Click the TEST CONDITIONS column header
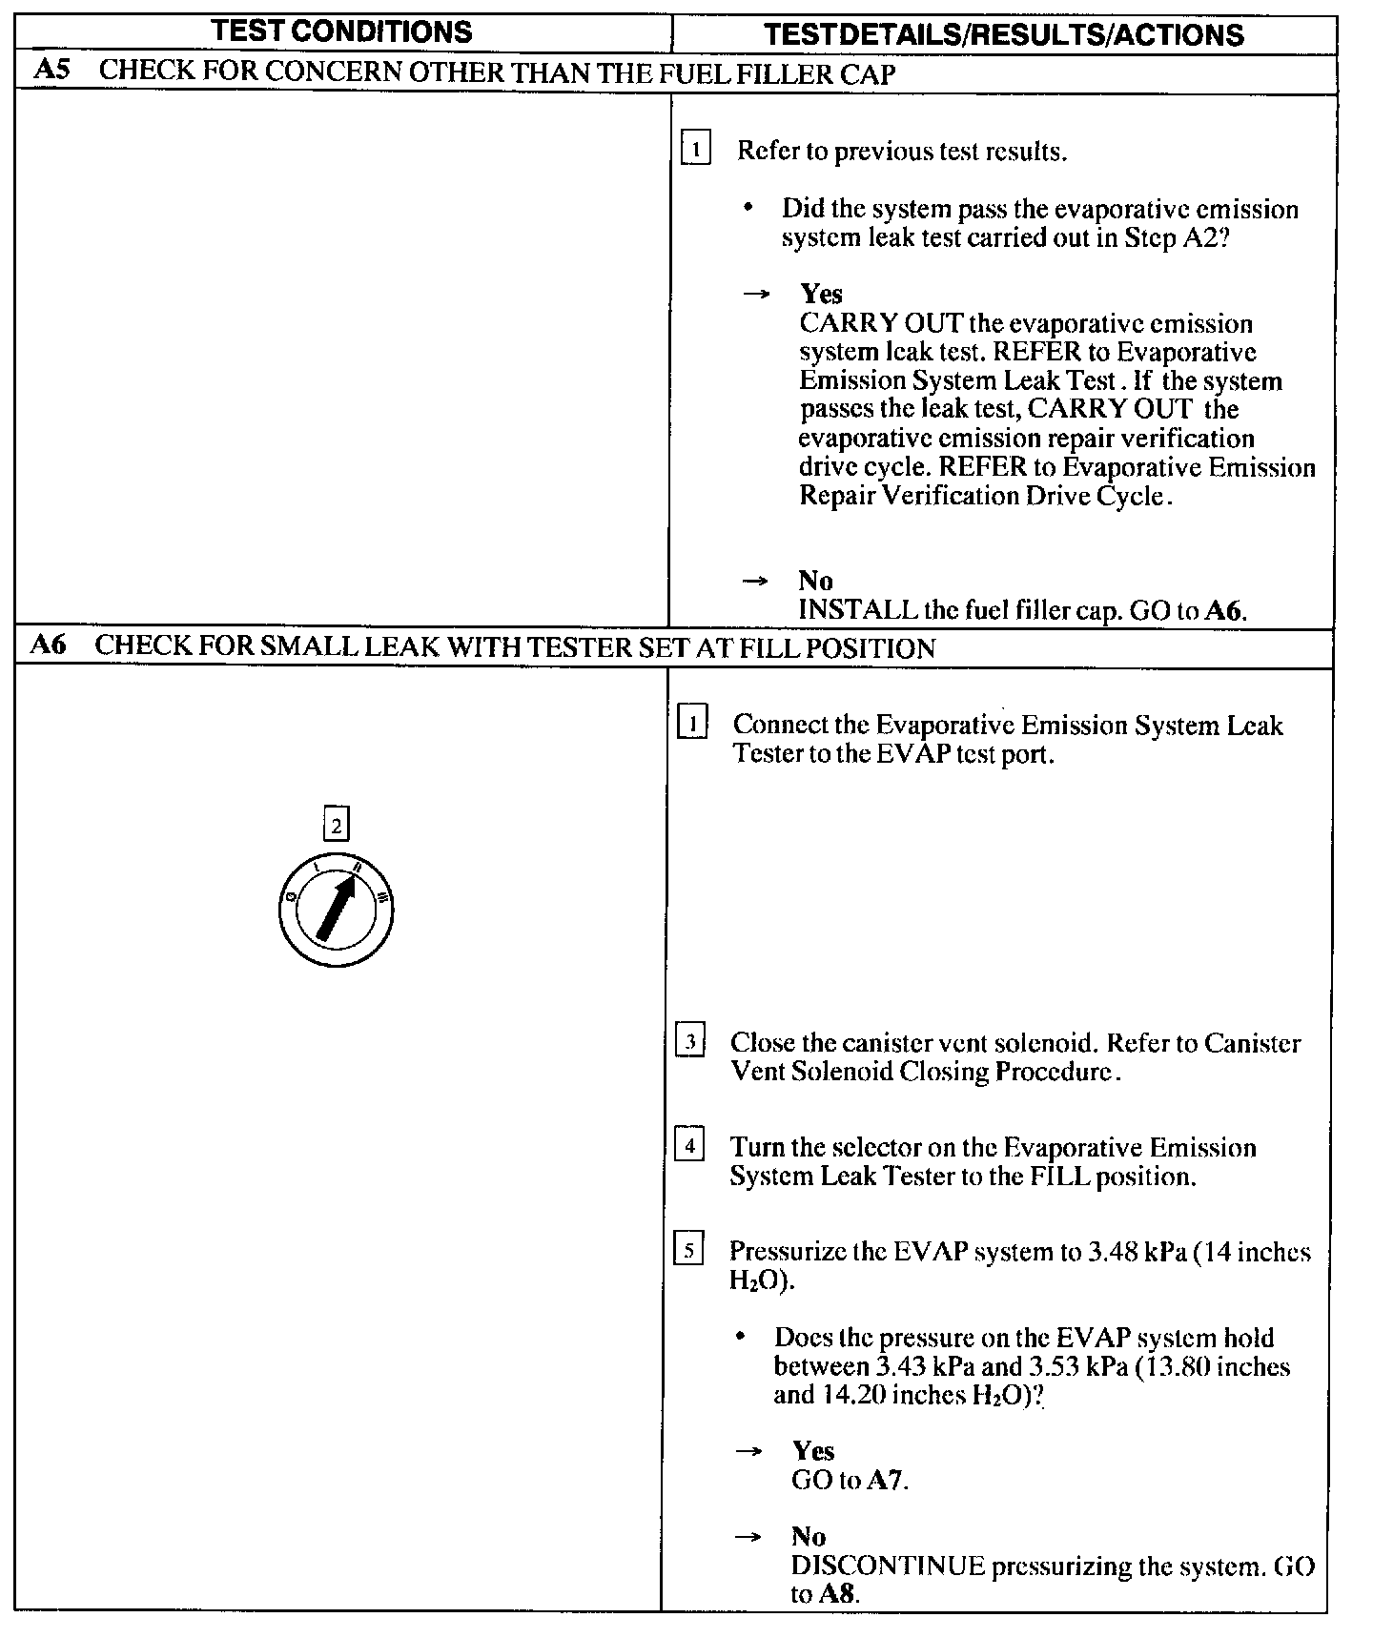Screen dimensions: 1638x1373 click(342, 31)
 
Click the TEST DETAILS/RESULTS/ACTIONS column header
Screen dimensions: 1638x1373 click(1004, 35)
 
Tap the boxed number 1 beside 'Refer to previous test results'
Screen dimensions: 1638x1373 click(696, 150)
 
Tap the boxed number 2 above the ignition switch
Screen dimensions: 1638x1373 click(337, 824)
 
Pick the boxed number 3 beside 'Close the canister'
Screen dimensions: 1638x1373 click(689, 1040)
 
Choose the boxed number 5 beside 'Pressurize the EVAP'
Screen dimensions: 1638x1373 click(688, 1248)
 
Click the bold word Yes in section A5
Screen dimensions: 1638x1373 click(821, 294)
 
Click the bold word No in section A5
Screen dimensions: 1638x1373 click(815, 581)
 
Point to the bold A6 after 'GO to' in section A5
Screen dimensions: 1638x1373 click(1224, 610)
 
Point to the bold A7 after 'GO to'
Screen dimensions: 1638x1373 click(886, 1480)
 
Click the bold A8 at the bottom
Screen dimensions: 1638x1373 click(840, 1594)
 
